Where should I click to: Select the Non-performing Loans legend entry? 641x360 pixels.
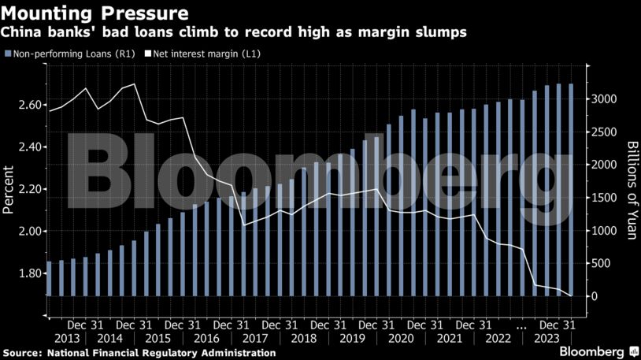(68, 54)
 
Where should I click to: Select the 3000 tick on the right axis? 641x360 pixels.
(604, 99)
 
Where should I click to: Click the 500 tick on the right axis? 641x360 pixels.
(601, 264)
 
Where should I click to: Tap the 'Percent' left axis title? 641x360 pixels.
(9, 189)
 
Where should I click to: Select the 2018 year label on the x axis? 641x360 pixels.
(304, 338)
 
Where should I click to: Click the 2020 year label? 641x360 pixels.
(400, 338)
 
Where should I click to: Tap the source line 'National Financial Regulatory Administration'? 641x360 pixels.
(162, 353)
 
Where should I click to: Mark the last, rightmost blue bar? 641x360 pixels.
(571, 190)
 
